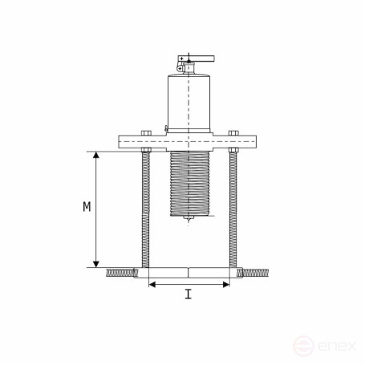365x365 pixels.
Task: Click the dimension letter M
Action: point(87,207)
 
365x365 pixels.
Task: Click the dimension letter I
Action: point(189,294)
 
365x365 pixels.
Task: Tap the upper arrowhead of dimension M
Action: point(96,155)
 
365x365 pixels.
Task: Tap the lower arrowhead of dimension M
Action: point(96,264)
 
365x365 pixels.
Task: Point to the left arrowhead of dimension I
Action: point(152,285)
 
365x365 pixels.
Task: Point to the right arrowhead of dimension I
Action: point(226,285)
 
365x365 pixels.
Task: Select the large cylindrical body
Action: point(189,103)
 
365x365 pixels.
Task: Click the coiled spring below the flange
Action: point(190,184)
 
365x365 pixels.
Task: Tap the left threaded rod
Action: point(146,209)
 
